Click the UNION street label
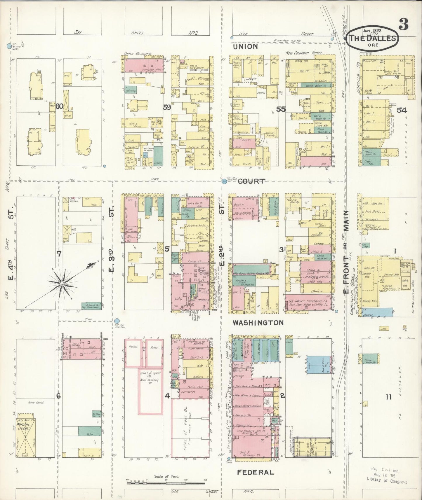(x=245, y=46)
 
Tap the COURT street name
(x=251, y=181)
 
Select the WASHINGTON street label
(x=258, y=323)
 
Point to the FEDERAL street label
(x=255, y=472)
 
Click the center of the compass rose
(x=62, y=284)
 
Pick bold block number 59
(x=167, y=107)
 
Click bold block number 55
(x=281, y=109)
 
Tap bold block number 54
(x=402, y=110)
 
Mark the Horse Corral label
(x=36, y=403)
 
